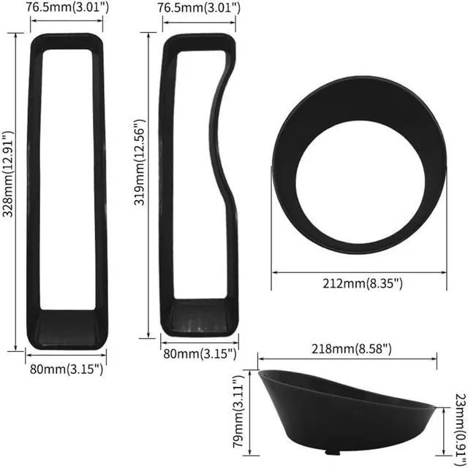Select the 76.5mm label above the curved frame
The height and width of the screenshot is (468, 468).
coord(197,8)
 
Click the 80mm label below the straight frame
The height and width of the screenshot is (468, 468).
coord(66,369)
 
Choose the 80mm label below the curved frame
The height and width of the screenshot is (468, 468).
coord(199,354)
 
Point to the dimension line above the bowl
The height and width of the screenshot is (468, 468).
coord(347,358)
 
